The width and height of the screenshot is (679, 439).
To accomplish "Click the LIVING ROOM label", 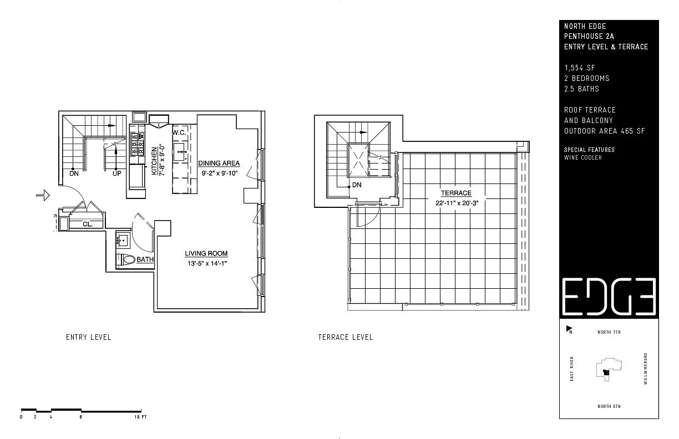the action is pos(206,253).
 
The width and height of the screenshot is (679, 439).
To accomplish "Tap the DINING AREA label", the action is pos(219,163).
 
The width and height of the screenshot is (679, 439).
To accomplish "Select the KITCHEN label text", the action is pos(154,161).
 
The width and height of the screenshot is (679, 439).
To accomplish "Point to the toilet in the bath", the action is pos(126,259).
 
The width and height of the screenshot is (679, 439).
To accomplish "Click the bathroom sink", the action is pos(123,240).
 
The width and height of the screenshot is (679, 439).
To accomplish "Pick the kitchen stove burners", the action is pos(137,144).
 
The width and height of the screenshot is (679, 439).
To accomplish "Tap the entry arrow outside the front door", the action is pos(43,195).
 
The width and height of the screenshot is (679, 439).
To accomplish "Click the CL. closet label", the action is pos(88,224).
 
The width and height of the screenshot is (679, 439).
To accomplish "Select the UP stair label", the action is pos(116,173).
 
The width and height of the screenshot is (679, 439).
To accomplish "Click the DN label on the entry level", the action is pos(74,173).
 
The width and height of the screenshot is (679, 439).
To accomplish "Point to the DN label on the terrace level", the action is pos(357,185).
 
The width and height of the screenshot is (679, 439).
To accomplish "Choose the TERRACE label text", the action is pos(456,193).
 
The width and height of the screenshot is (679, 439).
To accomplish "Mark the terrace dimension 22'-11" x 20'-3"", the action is pos(457,203).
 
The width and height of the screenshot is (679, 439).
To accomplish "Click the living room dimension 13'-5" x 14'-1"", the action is pos(207,263).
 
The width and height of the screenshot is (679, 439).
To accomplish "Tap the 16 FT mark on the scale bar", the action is pos(140,417).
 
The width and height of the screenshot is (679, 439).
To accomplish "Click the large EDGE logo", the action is pos(609,297).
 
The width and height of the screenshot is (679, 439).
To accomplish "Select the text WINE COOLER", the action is pos(582,157).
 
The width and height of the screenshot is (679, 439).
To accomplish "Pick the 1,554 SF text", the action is pos(579,68).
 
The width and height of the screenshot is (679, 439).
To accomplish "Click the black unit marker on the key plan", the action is pos(606,372).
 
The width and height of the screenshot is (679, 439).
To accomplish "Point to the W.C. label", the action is pos(179,132).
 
